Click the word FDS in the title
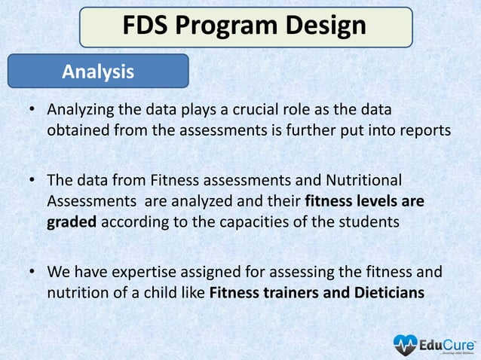point(149,26)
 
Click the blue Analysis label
point(98,72)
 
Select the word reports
point(424,130)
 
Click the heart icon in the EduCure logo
point(405,344)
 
